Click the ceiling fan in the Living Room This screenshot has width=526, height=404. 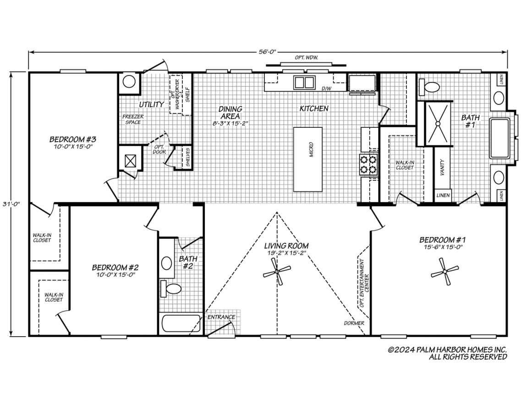[277, 271]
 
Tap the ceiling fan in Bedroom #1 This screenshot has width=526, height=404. [444, 271]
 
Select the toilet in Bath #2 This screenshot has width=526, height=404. [171, 289]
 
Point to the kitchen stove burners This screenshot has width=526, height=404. [369, 164]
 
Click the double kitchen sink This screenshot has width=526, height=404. [304, 82]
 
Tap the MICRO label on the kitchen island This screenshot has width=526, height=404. [311, 150]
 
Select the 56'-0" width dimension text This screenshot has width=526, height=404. [267, 52]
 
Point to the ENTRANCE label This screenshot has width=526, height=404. [221, 317]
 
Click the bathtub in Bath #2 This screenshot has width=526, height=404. [181, 323]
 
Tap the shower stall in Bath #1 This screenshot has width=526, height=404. [438, 123]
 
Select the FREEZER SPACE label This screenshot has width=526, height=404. [133, 120]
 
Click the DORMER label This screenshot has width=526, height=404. [354, 323]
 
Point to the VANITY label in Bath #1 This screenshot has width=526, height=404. [442, 168]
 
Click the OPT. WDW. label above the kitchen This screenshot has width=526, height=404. [307, 58]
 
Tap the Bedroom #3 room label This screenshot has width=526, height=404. [73, 139]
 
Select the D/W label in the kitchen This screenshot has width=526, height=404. [326, 89]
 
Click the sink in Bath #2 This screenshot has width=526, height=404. [167, 263]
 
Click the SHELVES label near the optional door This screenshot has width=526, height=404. [188, 157]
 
